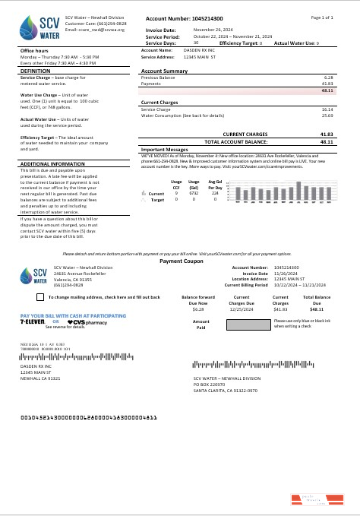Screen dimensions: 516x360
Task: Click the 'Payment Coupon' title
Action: point(181,239)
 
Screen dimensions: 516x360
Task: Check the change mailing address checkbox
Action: point(41,276)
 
